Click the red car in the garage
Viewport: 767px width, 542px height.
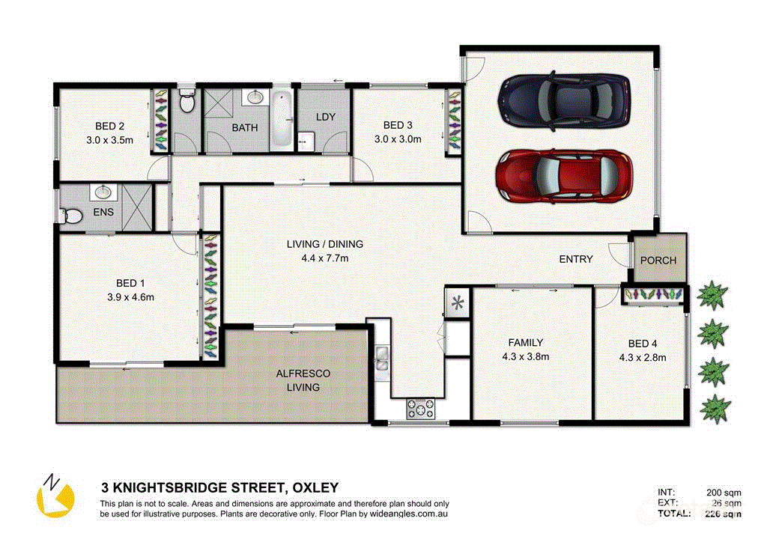(x=563, y=177)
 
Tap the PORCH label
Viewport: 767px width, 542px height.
(x=658, y=261)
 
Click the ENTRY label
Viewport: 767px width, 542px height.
(x=576, y=259)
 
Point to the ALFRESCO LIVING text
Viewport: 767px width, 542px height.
(x=303, y=380)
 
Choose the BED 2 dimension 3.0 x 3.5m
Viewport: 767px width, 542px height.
(x=109, y=139)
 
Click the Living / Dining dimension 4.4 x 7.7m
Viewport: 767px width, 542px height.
(x=324, y=258)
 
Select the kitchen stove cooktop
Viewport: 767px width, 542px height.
(x=419, y=409)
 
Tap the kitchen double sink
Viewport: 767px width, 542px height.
(x=381, y=359)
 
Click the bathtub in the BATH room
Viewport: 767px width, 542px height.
(x=281, y=119)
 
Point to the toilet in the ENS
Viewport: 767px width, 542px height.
(x=72, y=215)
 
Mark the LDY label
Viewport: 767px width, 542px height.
(x=325, y=118)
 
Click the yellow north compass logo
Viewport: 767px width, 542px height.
(x=55, y=496)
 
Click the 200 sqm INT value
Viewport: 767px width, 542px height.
(x=724, y=493)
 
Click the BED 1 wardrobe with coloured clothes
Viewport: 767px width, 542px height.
(x=210, y=297)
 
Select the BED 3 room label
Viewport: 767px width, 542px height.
(x=398, y=125)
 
